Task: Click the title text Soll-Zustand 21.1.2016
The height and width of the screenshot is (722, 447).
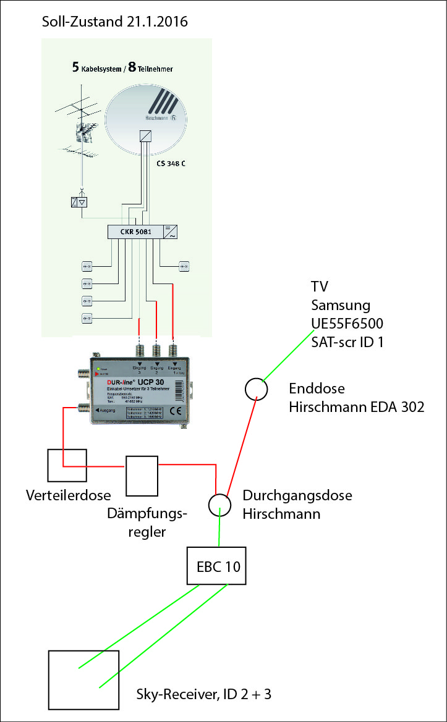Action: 114,22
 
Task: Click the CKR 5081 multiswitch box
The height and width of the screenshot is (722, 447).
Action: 134,232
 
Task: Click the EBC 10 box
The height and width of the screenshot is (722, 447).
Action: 216,566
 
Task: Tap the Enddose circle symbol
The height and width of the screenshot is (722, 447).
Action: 256,389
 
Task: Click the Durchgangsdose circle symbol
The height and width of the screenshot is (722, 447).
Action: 218,505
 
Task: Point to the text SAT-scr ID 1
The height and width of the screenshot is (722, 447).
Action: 347,342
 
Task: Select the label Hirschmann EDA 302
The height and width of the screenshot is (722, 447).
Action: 357,408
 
